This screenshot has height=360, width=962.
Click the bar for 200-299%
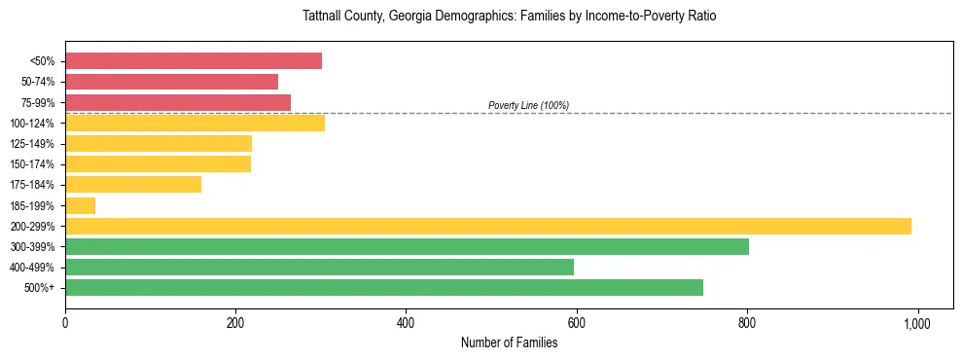(488, 226)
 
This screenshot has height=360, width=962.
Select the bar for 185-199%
(80, 205)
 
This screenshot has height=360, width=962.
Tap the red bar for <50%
(194, 61)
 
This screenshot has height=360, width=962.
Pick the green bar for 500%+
(384, 287)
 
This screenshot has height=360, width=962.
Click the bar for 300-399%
(407, 246)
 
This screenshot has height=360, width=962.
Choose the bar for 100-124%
(195, 123)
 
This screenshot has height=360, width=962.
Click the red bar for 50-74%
(171, 82)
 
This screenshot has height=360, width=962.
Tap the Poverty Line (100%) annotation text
(528, 105)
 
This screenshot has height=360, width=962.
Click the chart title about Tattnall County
(509, 17)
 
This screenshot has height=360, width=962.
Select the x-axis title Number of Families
(509, 342)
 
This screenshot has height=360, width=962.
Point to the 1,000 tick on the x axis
(917, 322)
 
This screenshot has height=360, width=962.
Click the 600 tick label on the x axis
(577, 322)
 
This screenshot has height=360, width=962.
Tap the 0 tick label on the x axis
(65, 322)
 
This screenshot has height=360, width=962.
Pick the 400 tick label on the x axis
(406, 322)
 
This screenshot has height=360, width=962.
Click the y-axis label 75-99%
(38, 103)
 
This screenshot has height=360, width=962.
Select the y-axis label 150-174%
(33, 164)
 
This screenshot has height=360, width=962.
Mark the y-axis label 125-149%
(33, 144)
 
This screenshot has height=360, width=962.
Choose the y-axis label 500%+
(40, 288)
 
